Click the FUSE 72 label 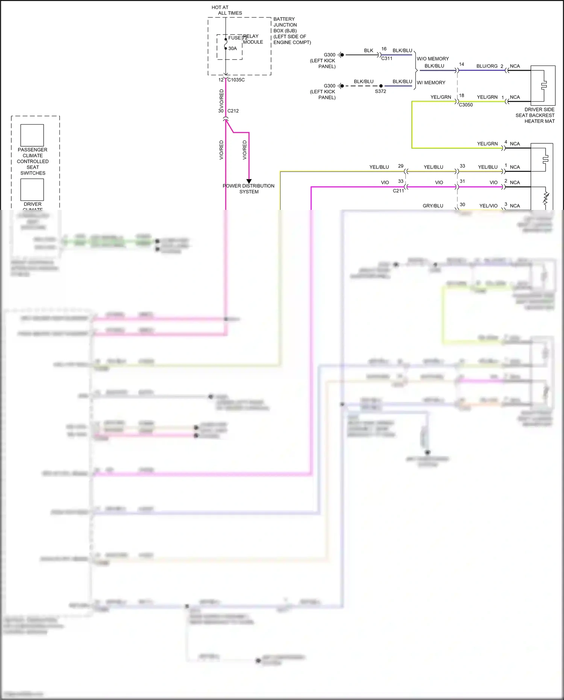[237, 38]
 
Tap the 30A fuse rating [232, 49]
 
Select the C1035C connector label [236, 80]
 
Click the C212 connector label [233, 111]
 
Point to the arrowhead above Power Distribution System [249, 181]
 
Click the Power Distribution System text [249, 189]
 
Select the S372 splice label [381, 91]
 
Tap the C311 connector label [387, 59]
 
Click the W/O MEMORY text [433, 59]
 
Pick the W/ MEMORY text [431, 83]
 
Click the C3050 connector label [466, 105]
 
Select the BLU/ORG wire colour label [487, 66]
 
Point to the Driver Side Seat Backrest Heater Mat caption [535, 115]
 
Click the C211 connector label [399, 191]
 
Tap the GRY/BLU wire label [433, 206]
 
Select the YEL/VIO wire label [488, 206]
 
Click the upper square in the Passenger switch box [32, 135]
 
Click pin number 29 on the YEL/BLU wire [401, 166]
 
